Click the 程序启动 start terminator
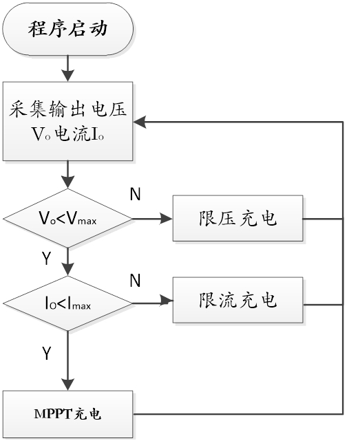click(x=67, y=29)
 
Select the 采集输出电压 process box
click(x=68, y=122)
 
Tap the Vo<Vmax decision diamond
click(x=67, y=218)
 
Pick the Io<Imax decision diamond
click(x=67, y=304)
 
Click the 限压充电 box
click(x=238, y=218)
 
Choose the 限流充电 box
click(x=238, y=300)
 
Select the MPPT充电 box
click(x=68, y=414)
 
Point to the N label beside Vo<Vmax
click(x=135, y=194)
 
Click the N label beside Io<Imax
click(x=135, y=280)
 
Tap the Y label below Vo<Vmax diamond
click(x=46, y=258)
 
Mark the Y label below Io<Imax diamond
click(x=46, y=353)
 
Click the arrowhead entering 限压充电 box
click(x=167, y=218)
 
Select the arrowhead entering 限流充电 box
click(x=167, y=301)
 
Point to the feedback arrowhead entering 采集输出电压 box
click(x=140, y=122)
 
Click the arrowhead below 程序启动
click(x=68, y=75)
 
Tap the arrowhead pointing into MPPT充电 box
click(x=68, y=385)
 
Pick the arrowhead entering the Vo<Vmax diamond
click(x=68, y=182)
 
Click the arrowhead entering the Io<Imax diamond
click(x=68, y=270)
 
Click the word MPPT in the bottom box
click(x=53, y=414)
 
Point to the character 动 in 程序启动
click(x=98, y=28)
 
